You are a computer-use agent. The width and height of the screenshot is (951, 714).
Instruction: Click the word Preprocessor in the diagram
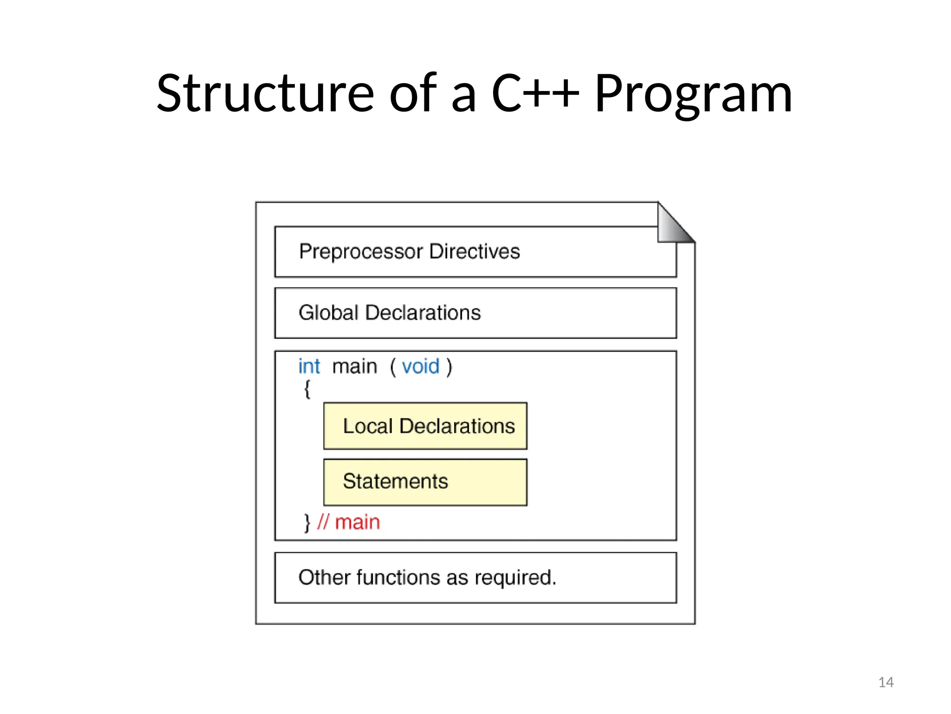361,252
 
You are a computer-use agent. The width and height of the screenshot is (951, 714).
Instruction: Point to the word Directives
474,251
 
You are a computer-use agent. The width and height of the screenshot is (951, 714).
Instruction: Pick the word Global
329,313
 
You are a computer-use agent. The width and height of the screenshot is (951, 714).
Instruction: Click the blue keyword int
309,367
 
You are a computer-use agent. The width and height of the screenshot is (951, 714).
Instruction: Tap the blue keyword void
420,367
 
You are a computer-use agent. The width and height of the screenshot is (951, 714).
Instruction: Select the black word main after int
355,367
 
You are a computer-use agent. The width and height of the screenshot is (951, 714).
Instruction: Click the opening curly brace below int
307,389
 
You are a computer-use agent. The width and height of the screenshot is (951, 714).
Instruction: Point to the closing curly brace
307,522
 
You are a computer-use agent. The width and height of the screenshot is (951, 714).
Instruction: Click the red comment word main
358,522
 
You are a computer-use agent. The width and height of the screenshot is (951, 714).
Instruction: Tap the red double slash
323,522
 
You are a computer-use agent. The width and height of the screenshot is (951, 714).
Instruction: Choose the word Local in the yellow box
368,426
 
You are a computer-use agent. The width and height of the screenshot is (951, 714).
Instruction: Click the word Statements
395,482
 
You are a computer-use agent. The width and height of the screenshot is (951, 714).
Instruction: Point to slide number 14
886,682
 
